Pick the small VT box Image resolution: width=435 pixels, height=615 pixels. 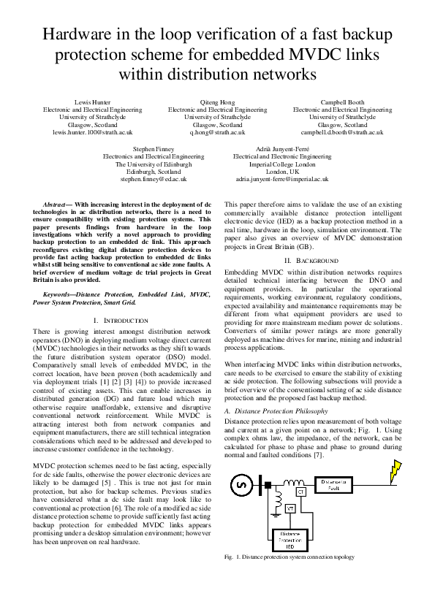269,508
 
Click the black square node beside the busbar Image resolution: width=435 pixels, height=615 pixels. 268,484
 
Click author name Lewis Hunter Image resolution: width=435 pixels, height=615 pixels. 92,102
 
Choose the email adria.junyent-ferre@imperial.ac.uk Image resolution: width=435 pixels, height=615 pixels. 281,178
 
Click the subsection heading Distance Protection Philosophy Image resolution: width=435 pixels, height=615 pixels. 281,411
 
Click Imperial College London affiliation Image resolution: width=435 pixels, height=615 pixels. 281,164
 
